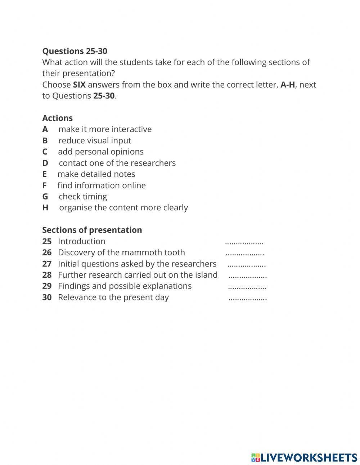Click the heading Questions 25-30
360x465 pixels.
click(x=75, y=51)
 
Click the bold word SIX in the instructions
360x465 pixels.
click(x=79, y=85)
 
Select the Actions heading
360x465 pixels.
click(x=57, y=118)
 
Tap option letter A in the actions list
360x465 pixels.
click(x=45, y=129)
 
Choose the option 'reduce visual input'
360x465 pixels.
click(x=94, y=140)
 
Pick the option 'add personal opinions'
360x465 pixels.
click(x=100, y=152)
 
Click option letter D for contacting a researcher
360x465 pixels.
click(x=45, y=163)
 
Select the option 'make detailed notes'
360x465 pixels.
click(x=96, y=174)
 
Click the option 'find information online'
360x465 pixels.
click(x=101, y=185)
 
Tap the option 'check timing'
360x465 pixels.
click(x=82, y=197)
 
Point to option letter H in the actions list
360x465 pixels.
click(x=45, y=208)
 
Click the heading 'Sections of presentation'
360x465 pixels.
click(x=92, y=230)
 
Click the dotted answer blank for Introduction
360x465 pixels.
click(x=244, y=243)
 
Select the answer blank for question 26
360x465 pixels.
click(x=245, y=254)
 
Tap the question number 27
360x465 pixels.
click(x=47, y=264)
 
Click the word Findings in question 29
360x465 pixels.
click(x=74, y=286)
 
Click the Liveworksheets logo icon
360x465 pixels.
click(x=256, y=457)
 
